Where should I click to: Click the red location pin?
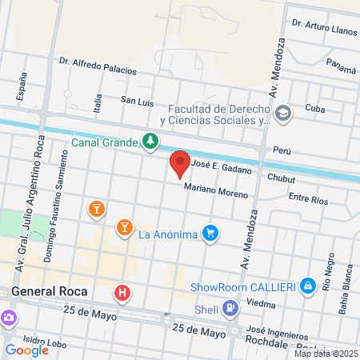[180, 163]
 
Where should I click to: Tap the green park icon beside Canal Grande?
[150, 142]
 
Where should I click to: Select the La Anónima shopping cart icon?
[210, 233]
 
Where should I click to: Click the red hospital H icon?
[122, 293]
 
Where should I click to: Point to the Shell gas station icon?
[230, 307]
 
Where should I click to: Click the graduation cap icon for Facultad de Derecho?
[282, 114]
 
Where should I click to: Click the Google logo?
[26, 350]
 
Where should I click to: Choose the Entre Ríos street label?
[308, 197]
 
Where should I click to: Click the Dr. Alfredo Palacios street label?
[98, 65]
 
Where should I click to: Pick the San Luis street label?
[136, 101]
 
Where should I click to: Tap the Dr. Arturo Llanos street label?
[324, 28]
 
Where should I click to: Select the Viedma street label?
[262, 304]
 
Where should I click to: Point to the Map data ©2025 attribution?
[326, 353]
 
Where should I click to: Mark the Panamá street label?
[341, 69]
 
